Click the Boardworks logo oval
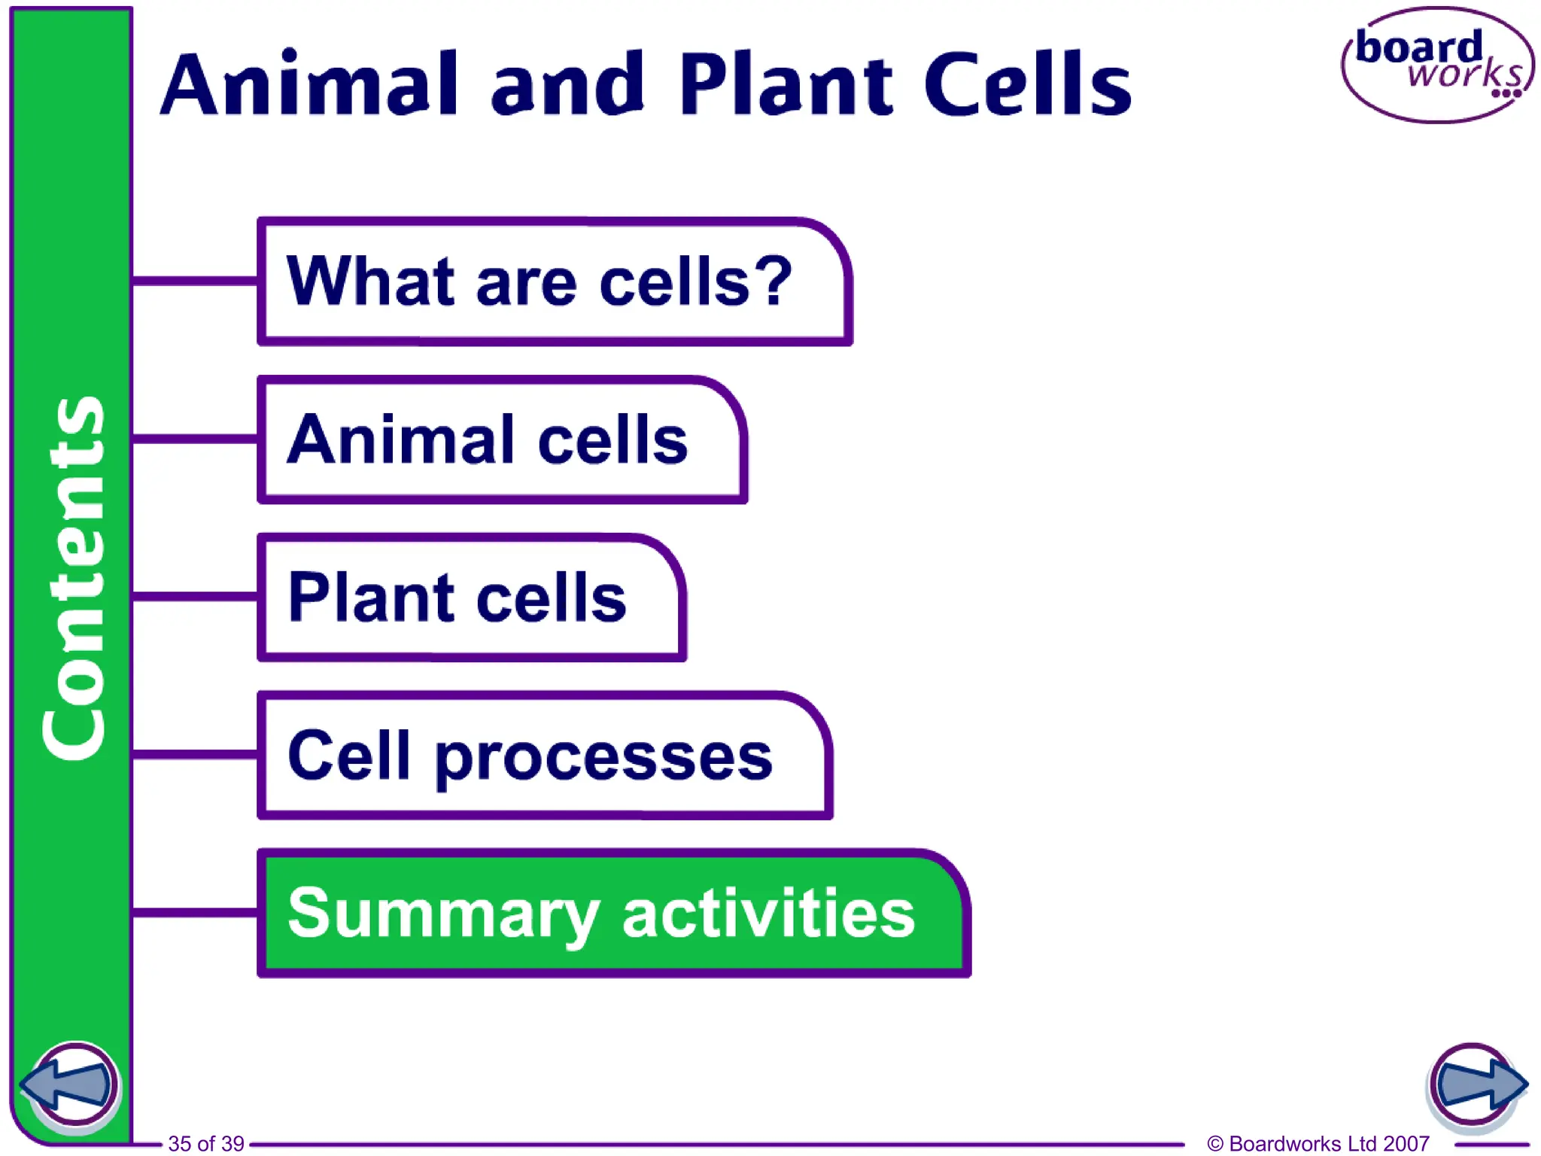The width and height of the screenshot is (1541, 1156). [x=1437, y=65]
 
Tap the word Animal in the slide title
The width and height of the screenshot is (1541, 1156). [x=309, y=84]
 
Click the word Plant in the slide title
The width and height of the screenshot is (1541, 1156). [x=786, y=84]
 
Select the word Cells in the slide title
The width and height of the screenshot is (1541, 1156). [x=1027, y=84]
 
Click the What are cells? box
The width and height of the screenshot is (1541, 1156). [x=555, y=282]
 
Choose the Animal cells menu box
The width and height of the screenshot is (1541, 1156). [x=502, y=440]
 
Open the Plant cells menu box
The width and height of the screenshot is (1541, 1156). [x=471, y=598]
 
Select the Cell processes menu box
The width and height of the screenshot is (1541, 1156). [x=545, y=756]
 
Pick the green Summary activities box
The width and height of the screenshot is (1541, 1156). [x=613, y=914]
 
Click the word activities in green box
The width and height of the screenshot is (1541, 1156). [x=767, y=912]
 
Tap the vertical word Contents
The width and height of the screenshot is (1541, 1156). [x=74, y=578]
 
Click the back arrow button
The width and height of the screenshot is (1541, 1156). [x=69, y=1085]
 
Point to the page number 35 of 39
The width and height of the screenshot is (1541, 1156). [x=205, y=1143]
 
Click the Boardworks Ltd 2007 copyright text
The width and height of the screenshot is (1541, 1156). [x=1318, y=1143]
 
